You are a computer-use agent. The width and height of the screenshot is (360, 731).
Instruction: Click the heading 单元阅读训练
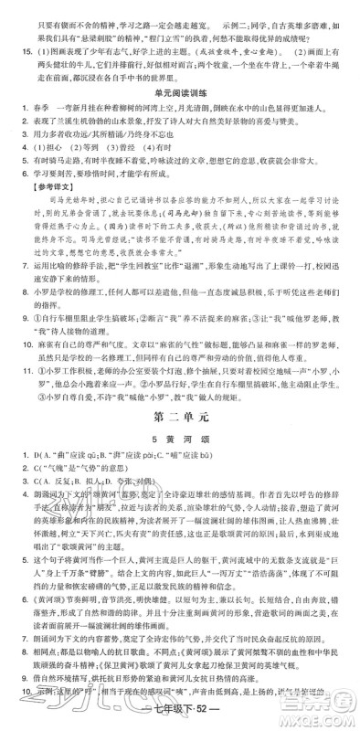coord(179,102)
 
